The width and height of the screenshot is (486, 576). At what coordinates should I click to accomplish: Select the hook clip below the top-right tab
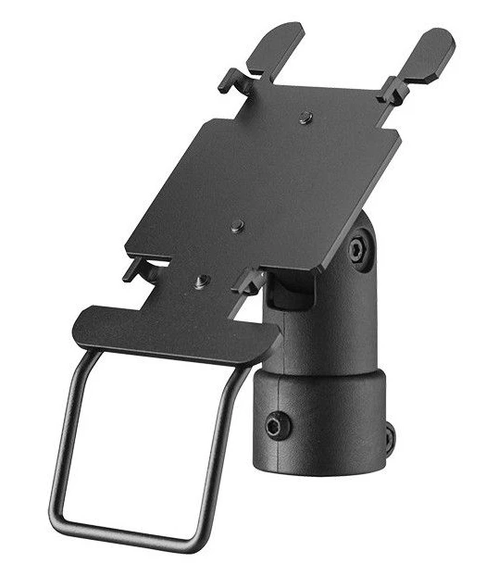coord(393,89)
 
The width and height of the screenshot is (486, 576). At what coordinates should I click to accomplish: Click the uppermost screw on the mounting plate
coord(306,118)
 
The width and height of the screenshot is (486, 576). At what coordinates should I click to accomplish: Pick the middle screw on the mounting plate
coord(238,225)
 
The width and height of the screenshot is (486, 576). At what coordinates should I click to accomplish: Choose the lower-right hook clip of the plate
coord(248,281)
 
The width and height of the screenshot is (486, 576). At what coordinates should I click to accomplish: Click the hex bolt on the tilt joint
coord(359,252)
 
